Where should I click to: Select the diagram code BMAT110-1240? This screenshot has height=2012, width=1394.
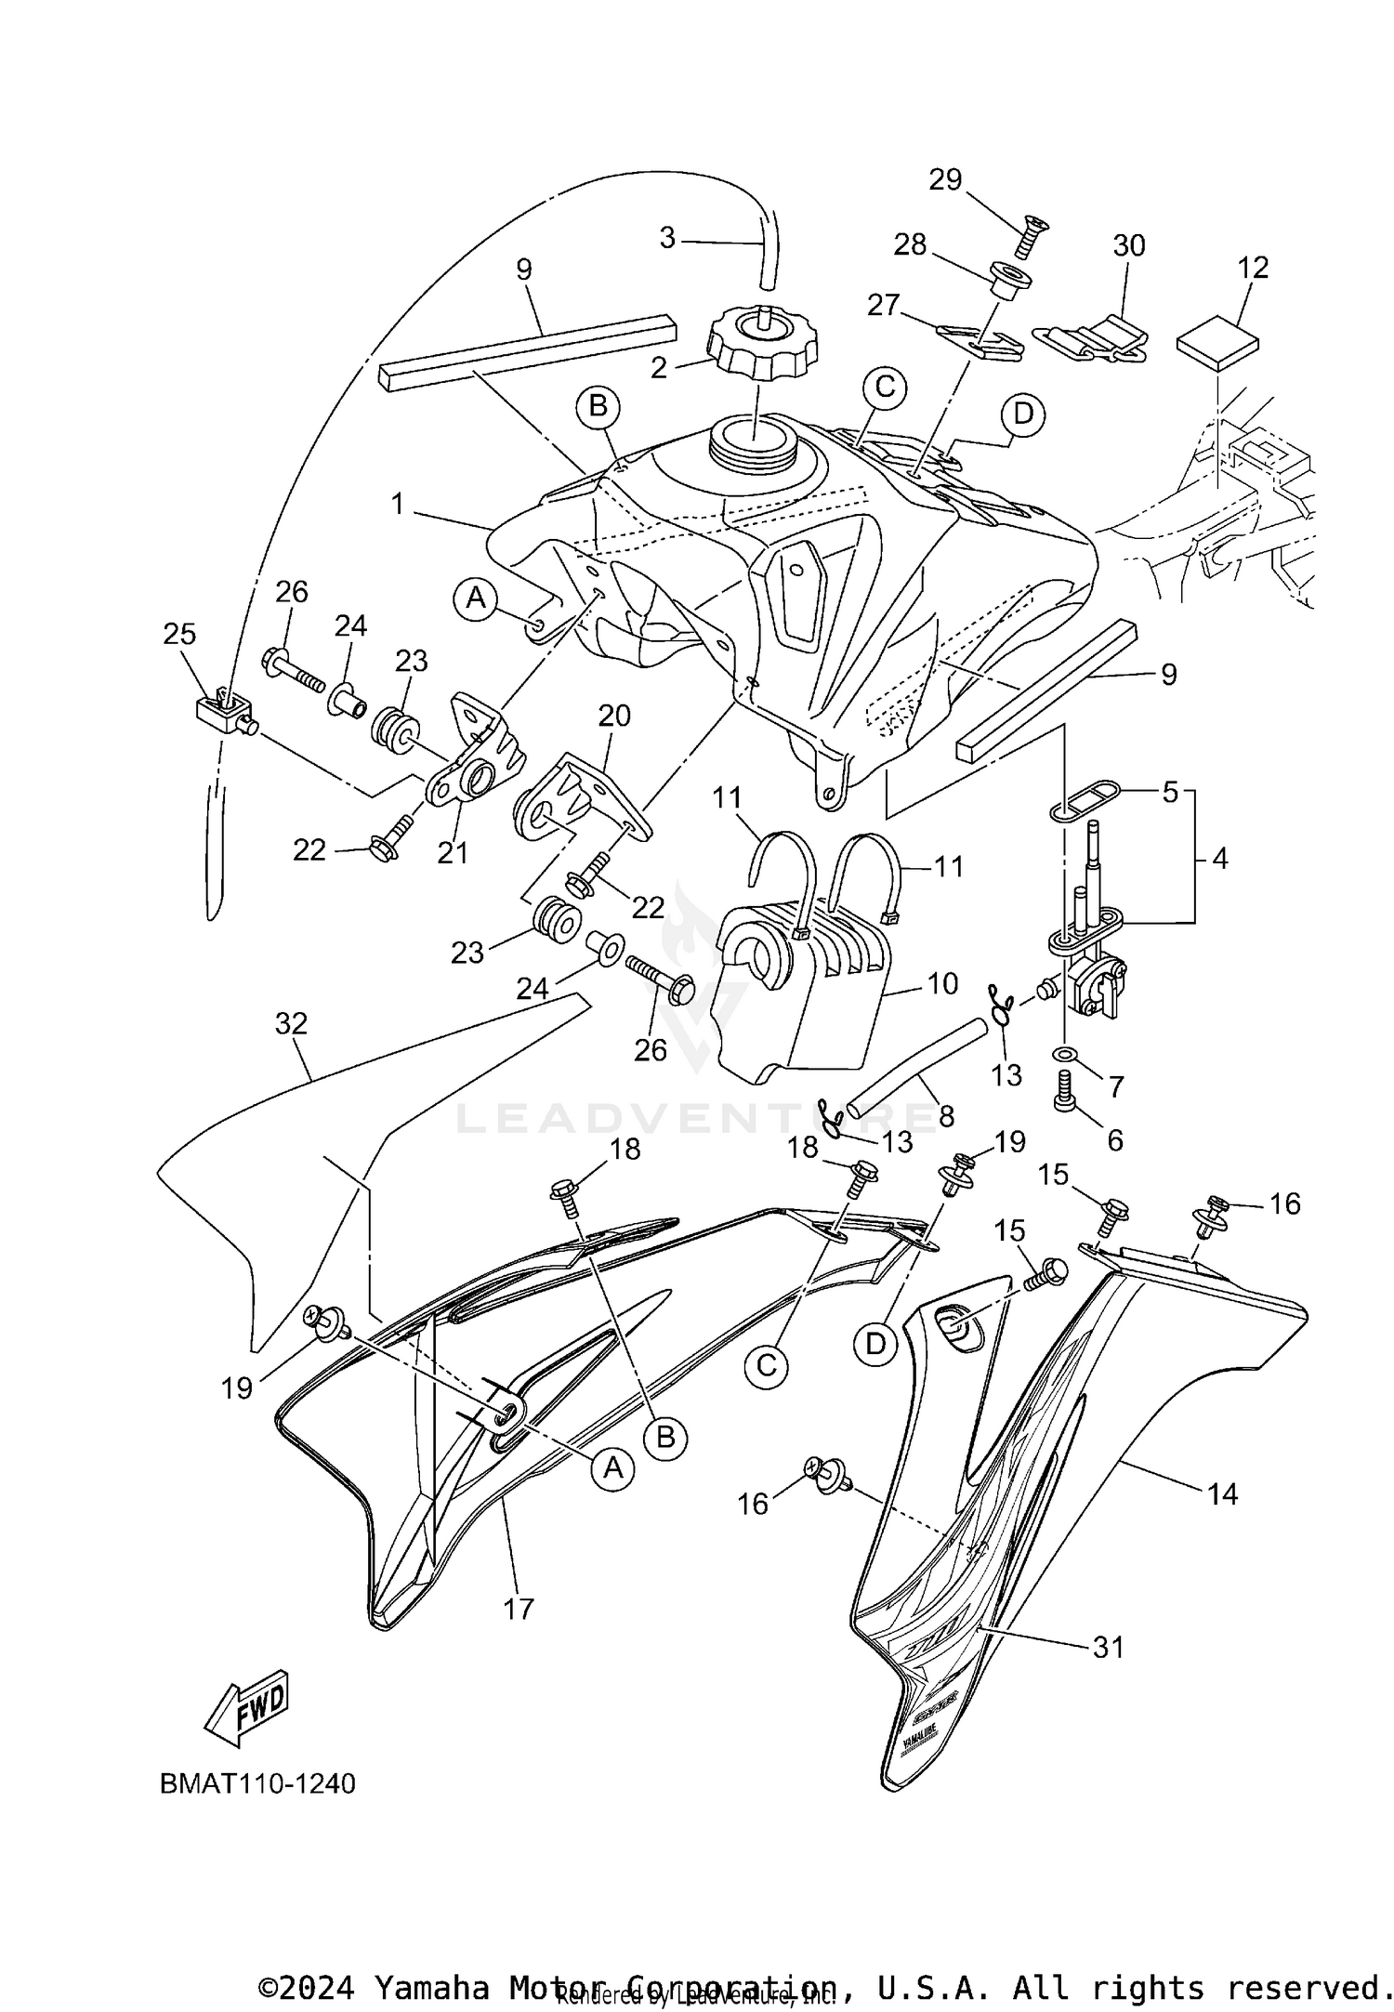(257, 1783)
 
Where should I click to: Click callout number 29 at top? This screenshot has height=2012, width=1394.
(945, 179)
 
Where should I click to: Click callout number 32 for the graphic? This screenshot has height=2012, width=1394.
(291, 1023)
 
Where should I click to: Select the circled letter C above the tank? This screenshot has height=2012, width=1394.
(885, 387)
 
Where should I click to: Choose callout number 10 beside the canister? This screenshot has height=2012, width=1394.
(942, 983)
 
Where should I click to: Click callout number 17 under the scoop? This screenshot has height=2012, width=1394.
(519, 1608)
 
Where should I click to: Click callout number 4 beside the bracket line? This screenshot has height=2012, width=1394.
(1219, 860)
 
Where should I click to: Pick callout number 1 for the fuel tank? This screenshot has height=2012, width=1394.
(398, 505)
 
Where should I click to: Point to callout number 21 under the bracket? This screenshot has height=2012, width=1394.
(454, 852)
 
